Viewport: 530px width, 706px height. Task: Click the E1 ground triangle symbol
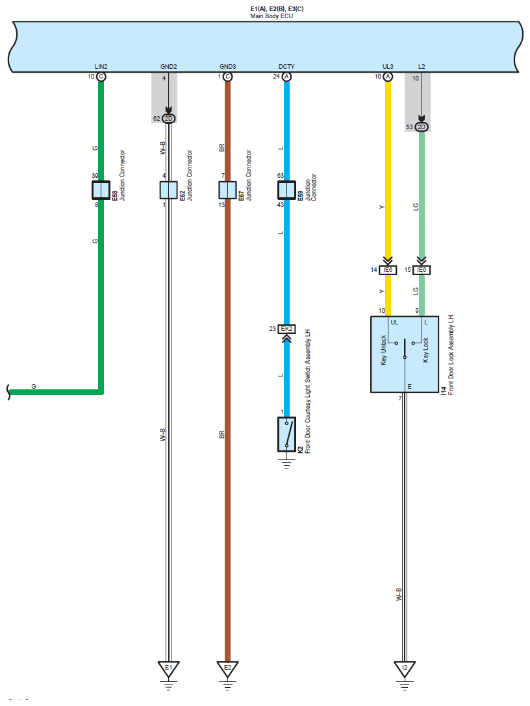[x=168, y=668]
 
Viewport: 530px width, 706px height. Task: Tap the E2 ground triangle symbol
[x=227, y=668]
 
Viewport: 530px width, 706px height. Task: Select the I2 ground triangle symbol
[x=404, y=668]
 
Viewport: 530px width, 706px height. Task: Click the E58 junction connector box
[x=101, y=189]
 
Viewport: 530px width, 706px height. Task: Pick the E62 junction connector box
[x=168, y=189]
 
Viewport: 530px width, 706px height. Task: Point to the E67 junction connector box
[x=227, y=189]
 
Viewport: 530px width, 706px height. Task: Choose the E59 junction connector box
[x=286, y=189]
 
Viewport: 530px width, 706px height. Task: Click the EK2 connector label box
[x=286, y=329]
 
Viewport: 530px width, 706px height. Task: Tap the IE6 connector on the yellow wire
[x=388, y=270]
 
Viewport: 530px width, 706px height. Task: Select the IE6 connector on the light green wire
[x=422, y=270]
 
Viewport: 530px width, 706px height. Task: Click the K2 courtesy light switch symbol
[x=286, y=434]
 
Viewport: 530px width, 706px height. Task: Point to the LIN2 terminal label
[x=101, y=67]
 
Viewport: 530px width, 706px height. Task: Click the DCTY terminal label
[x=286, y=67]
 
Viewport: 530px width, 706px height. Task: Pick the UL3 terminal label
[x=388, y=67]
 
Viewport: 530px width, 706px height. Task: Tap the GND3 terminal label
[x=227, y=67]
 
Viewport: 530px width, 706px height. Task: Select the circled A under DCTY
[x=286, y=77]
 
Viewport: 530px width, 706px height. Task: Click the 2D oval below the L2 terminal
[x=422, y=127]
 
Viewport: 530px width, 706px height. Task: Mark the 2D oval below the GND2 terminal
[x=168, y=118]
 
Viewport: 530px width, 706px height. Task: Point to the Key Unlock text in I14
[x=383, y=350]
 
